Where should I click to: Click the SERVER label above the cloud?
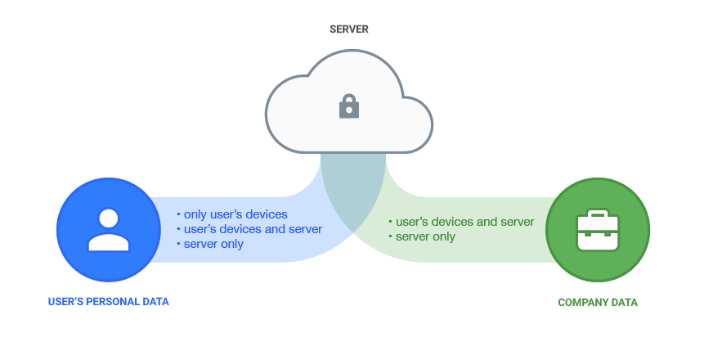pyautogui.click(x=349, y=29)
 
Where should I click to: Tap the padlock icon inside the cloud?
pyautogui.click(x=349, y=106)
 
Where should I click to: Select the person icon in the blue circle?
pyautogui.click(x=108, y=229)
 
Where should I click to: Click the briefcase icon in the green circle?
pyautogui.click(x=598, y=230)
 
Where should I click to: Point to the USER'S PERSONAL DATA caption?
pyautogui.click(x=108, y=302)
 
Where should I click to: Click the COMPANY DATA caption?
pyautogui.click(x=598, y=303)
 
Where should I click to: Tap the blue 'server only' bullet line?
pyautogui.click(x=213, y=244)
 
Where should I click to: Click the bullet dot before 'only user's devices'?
pyautogui.click(x=178, y=214)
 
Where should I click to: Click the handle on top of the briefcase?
pyautogui.click(x=598, y=214)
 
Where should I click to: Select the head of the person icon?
pyautogui.click(x=108, y=218)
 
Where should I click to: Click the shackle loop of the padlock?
pyautogui.click(x=349, y=100)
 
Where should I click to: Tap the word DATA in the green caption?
pyautogui.click(x=623, y=303)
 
